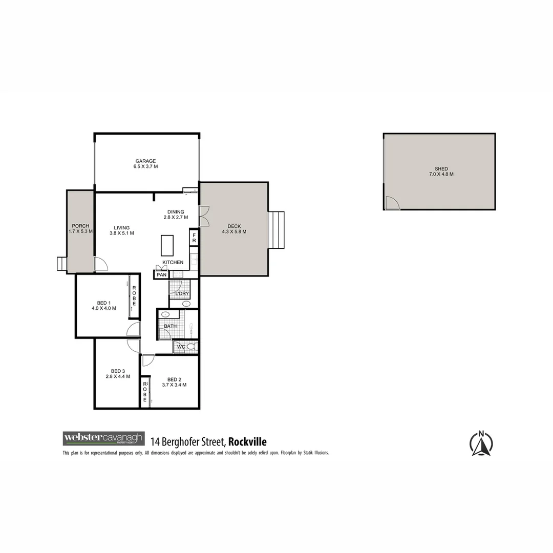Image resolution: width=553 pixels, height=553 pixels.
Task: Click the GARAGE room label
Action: [x=145, y=161]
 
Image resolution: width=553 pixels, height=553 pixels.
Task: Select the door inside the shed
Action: [x=393, y=203]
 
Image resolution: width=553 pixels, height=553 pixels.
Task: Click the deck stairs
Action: [x=276, y=230]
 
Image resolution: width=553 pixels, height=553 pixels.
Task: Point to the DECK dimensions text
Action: [x=234, y=231]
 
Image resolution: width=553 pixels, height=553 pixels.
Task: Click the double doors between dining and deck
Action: [x=204, y=217]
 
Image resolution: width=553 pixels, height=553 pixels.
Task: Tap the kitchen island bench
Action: [x=167, y=245]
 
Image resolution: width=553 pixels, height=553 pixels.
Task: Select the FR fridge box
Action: [x=194, y=238]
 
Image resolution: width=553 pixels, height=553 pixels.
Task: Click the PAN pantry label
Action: [x=161, y=275]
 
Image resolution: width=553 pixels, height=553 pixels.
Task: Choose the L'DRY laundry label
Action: [x=182, y=294]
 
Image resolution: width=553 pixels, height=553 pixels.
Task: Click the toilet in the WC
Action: [x=191, y=347]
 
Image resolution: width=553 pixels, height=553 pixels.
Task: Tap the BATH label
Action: [x=170, y=326]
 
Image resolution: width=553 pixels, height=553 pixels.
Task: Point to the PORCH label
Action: [x=80, y=226]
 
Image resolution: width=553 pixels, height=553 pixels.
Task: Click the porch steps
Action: [x=61, y=263]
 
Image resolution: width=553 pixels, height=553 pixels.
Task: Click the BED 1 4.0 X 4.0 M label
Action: [x=104, y=306]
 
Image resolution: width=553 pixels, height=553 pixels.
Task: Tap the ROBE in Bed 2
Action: [x=145, y=392]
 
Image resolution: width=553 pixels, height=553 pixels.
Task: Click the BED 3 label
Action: [x=118, y=371]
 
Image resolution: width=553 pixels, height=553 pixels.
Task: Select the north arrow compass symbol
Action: [x=481, y=443]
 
